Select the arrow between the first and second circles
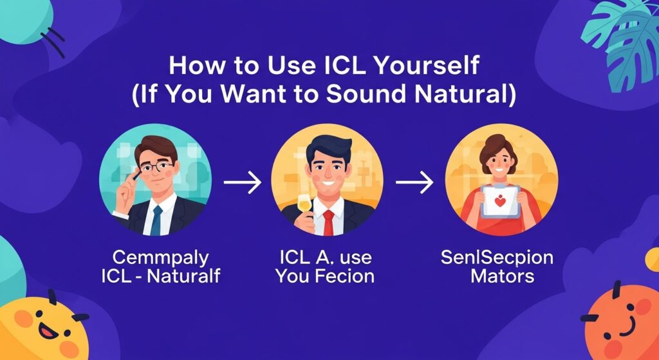click(242, 183)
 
